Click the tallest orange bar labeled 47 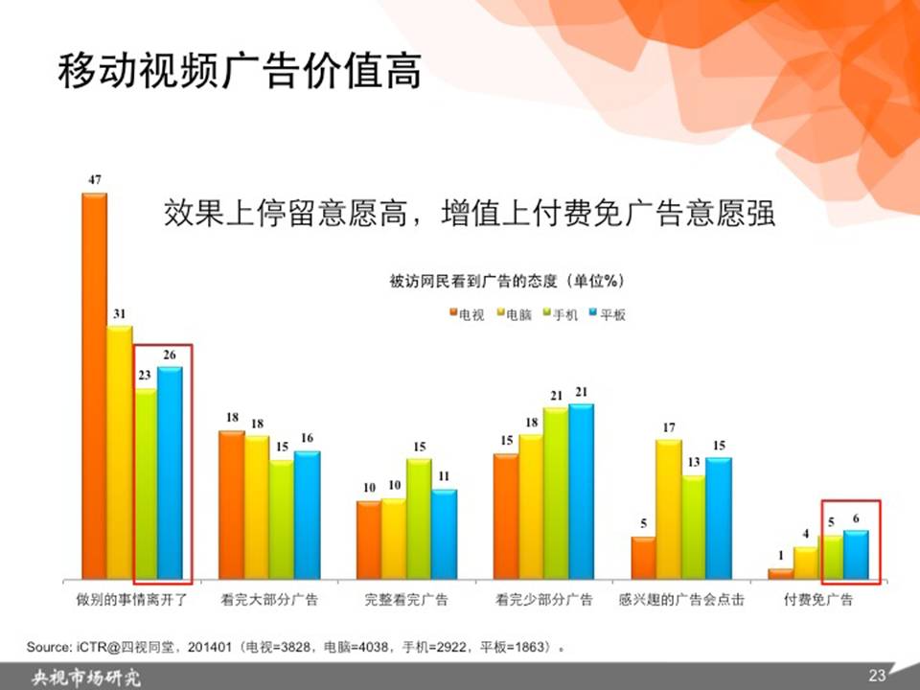pos(95,386)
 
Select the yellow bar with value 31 pos(120,452)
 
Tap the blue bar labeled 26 pos(171,472)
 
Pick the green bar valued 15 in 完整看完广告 pos(419,518)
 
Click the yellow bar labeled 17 pos(669,509)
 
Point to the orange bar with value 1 pos(781,574)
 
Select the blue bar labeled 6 pos(856,555)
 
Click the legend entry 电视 pos(467,315)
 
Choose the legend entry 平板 pos(608,315)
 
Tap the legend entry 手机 pos(561,315)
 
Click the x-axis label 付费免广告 pos(818,600)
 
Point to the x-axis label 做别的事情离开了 pos(132,600)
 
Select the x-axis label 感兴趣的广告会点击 pos(681,600)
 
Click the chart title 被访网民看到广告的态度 pos(472,281)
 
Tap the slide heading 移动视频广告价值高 pos(240,71)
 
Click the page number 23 pos(877,676)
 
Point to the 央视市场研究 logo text pos(86,678)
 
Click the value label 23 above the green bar pos(145,375)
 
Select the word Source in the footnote pos(48,647)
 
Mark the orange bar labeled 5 pos(644,558)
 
